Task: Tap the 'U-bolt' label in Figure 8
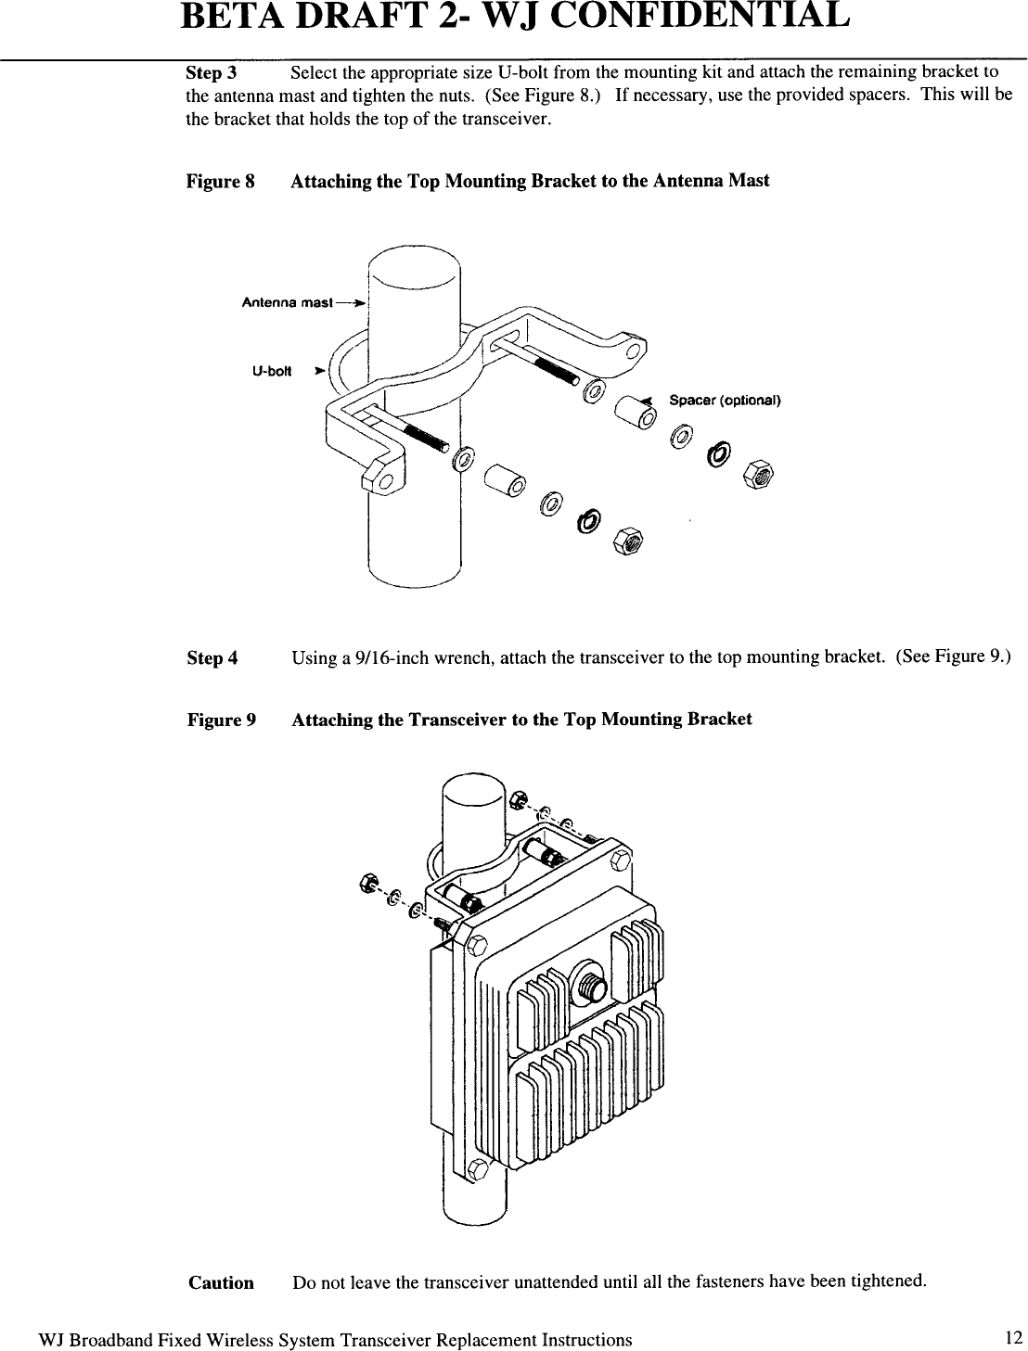click(x=272, y=372)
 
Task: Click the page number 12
click(x=1013, y=1337)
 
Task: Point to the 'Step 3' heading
click(x=212, y=72)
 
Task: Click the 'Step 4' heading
click(x=212, y=658)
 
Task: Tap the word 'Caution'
click(x=221, y=1283)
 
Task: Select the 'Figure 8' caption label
click(x=221, y=181)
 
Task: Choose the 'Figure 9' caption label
click(x=221, y=720)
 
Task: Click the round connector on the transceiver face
click(x=588, y=982)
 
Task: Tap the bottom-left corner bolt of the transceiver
click(x=479, y=1167)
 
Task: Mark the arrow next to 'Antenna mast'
click(x=351, y=303)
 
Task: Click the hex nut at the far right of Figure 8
click(x=760, y=476)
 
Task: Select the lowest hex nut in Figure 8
click(x=627, y=541)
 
